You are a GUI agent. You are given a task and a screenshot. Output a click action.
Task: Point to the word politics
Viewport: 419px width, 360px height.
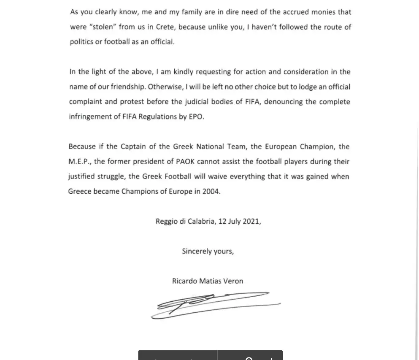pyautogui.click(x=81, y=42)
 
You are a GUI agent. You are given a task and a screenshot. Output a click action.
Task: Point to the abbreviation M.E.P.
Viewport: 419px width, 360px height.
pyautogui.click(x=78, y=162)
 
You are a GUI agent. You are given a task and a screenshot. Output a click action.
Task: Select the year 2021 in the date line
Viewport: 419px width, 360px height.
pyautogui.click(x=251, y=222)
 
